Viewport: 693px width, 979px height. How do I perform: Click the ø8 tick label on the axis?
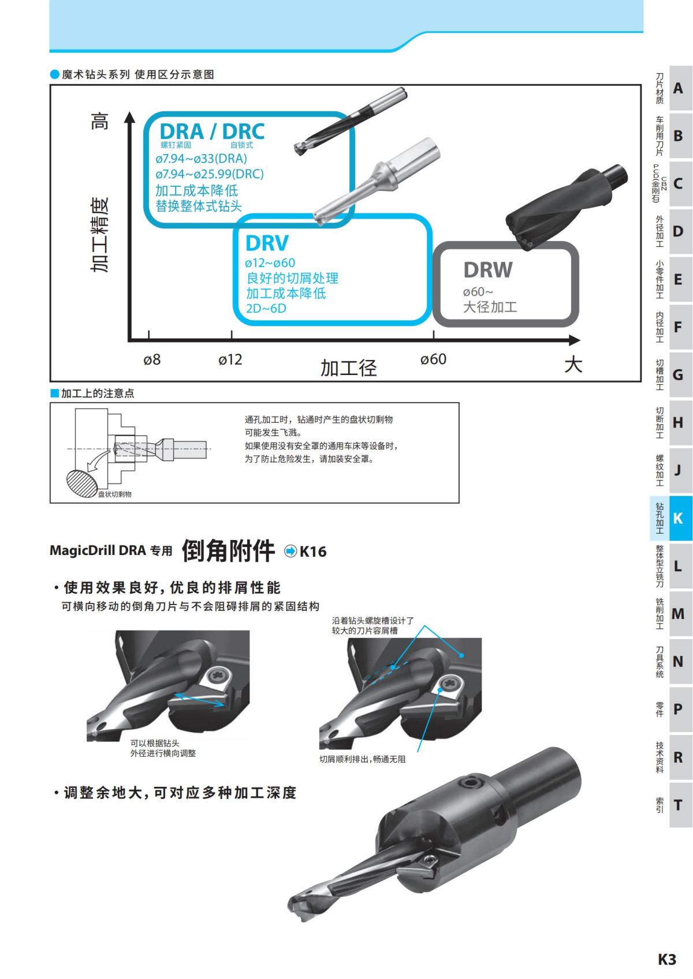click(152, 360)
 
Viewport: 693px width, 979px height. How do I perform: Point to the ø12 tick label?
click(230, 360)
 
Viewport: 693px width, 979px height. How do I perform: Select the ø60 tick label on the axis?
click(433, 359)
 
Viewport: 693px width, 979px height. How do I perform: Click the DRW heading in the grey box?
click(488, 270)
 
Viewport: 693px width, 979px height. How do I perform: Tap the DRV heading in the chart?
click(267, 243)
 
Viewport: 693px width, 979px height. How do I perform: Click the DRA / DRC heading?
click(212, 132)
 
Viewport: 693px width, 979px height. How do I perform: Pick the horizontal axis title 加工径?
click(348, 367)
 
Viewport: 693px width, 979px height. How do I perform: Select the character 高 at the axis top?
click(100, 121)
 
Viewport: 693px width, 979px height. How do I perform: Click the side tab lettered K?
click(678, 518)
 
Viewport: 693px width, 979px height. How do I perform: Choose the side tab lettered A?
click(678, 88)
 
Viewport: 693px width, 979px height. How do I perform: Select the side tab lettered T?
click(678, 805)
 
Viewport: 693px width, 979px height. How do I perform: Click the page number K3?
click(666, 959)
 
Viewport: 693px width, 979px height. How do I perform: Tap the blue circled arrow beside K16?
click(290, 552)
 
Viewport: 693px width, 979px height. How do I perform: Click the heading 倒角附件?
click(228, 550)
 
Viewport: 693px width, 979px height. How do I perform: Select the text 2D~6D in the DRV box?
click(266, 308)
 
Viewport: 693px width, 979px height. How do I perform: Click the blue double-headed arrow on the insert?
click(200, 700)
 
